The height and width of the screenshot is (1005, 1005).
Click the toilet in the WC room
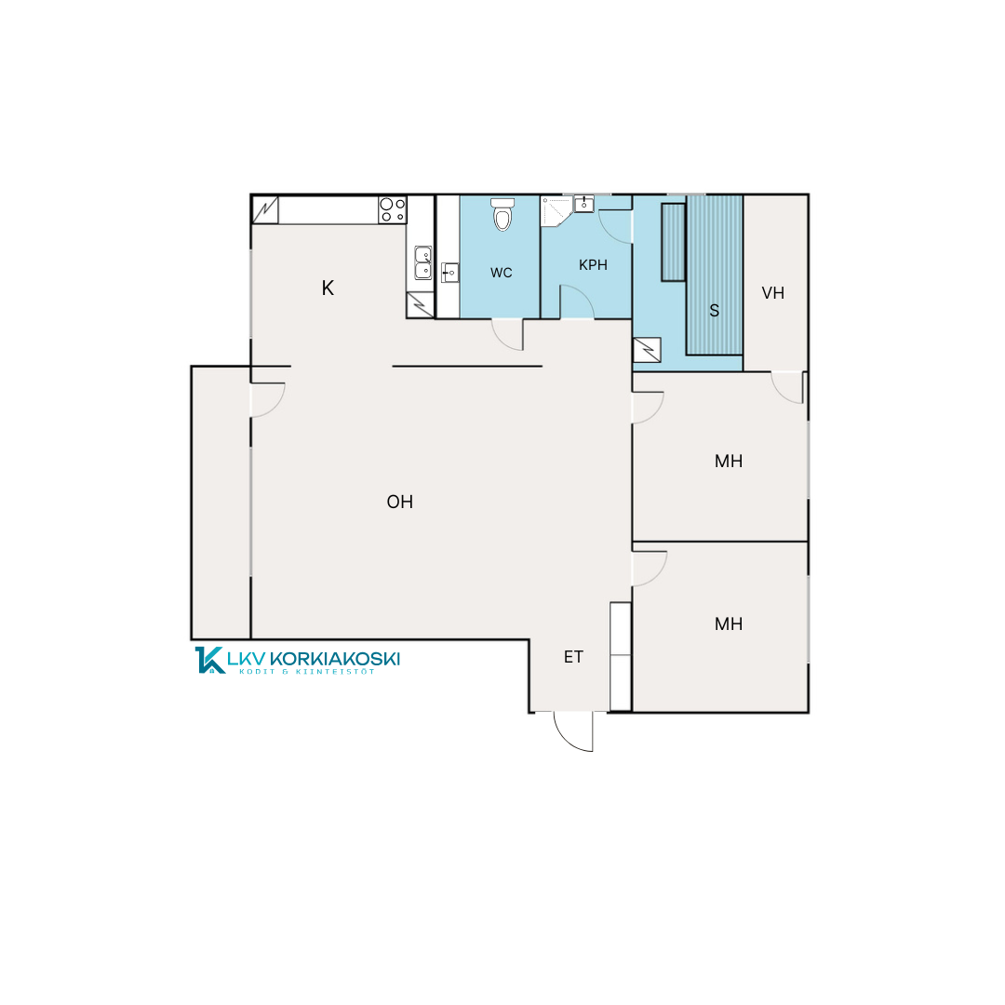502,213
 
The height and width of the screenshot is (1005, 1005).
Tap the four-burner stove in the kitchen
393,209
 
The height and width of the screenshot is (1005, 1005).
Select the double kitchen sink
422,262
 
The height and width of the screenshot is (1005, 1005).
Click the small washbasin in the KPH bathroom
583,203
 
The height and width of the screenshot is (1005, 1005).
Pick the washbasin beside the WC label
450,273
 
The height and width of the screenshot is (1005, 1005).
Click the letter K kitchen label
328,288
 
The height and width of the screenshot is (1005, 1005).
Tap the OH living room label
400,502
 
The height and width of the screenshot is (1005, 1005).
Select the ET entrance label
573,657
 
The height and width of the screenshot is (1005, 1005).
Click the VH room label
773,293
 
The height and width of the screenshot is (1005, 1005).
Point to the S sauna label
714,311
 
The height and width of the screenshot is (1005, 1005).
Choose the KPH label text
593,264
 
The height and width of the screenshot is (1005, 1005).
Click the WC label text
502,273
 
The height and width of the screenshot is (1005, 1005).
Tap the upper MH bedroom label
729,461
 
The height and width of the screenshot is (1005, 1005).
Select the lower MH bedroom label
729,623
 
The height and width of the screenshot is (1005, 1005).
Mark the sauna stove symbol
647,350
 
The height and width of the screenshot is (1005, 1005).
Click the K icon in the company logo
209,660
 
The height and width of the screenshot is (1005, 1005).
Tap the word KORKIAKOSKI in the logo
335,658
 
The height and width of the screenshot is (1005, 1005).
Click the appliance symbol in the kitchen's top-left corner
265,210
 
